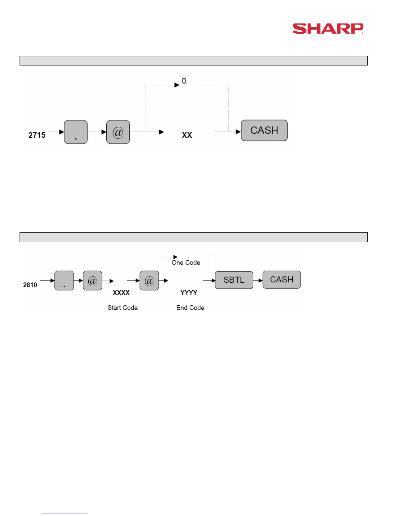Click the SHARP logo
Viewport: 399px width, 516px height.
click(328, 29)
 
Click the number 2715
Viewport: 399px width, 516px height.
click(37, 135)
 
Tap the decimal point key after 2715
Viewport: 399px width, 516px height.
click(76, 132)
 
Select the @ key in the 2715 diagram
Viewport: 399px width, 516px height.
click(118, 132)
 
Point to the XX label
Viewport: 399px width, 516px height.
click(187, 135)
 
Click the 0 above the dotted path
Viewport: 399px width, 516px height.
click(184, 81)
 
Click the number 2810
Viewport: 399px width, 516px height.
click(30, 285)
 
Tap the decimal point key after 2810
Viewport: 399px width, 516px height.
click(64, 280)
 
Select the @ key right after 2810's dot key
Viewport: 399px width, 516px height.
click(93, 280)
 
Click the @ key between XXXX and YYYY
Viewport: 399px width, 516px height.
click(149, 280)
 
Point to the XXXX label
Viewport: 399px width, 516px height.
click(121, 293)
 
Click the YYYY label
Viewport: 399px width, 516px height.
click(189, 293)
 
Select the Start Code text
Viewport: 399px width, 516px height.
click(123, 308)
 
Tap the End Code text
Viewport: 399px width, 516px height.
click(190, 308)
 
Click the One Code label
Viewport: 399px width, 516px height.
click(186, 263)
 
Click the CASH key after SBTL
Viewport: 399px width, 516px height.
click(282, 280)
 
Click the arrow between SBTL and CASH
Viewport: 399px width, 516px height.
click(258, 280)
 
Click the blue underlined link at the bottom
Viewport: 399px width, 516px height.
click(65, 513)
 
